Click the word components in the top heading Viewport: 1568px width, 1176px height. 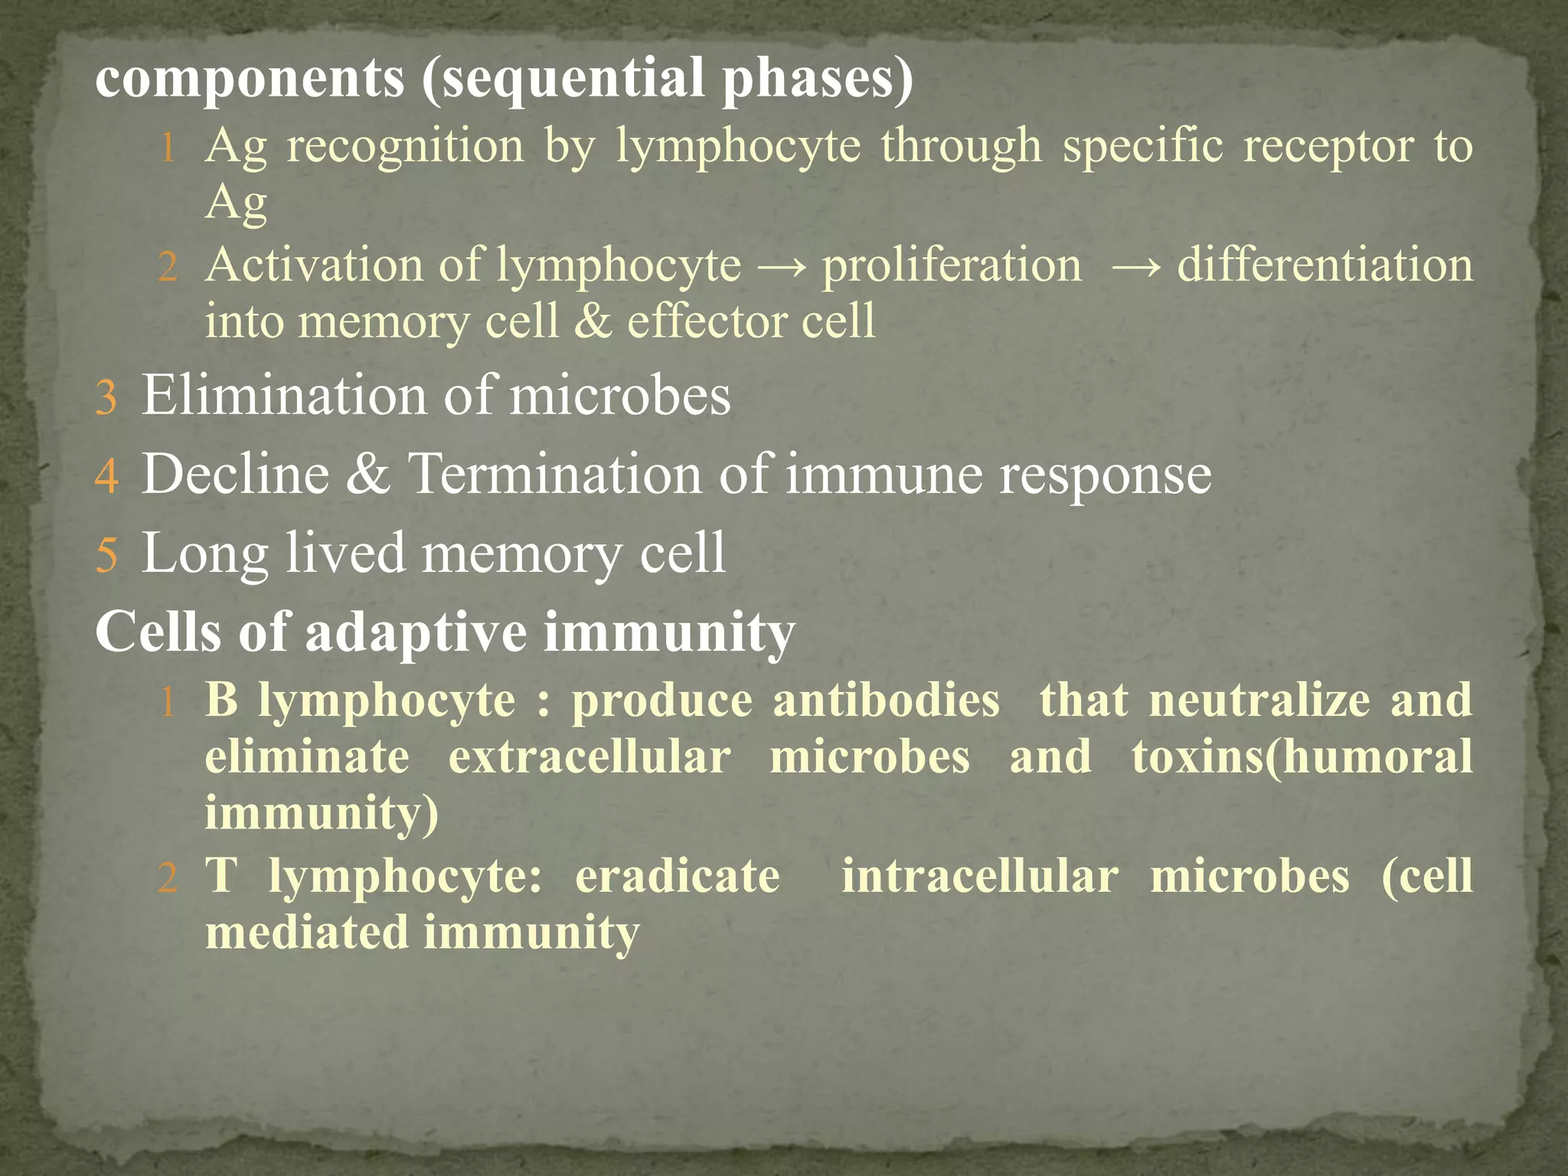[x=250, y=80]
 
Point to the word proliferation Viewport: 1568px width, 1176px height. [x=952, y=266]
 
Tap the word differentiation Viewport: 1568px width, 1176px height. [x=1325, y=266]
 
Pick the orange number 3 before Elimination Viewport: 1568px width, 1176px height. [x=106, y=399]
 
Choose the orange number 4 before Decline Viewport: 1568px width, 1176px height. [x=106, y=477]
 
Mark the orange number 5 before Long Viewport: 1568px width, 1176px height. [x=106, y=556]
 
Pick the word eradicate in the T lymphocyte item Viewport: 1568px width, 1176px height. [x=678, y=877]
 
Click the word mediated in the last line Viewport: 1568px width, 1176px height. [x=307, y=933]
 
